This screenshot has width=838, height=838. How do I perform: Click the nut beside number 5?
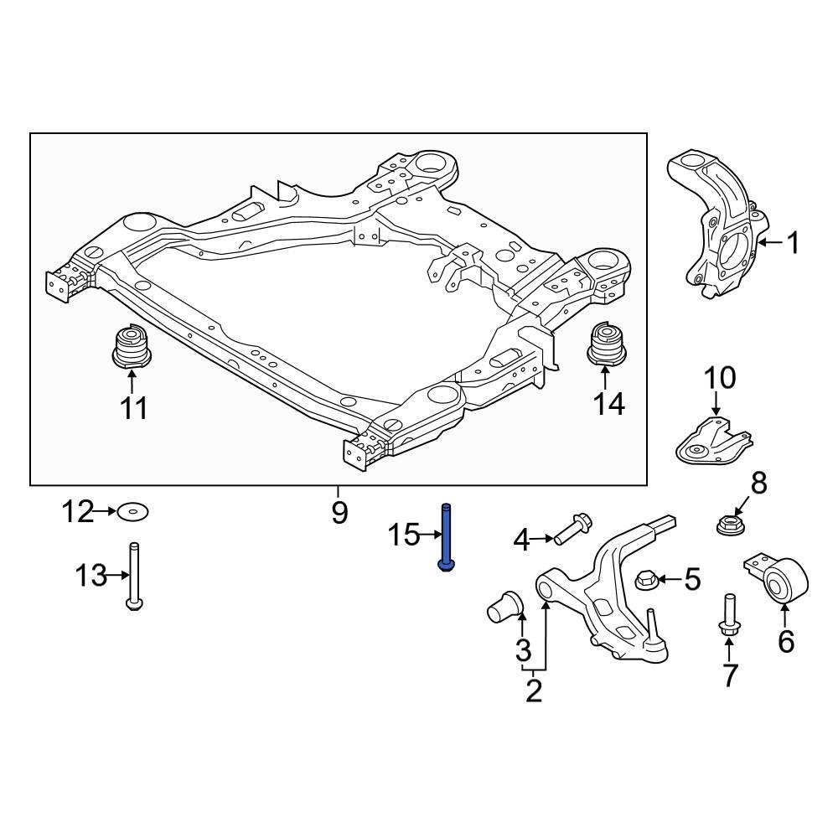[646, 577]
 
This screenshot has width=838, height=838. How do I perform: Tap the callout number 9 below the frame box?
[339, 511]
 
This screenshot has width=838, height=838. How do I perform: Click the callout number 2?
[534, 691]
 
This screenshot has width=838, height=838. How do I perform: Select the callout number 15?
[403, 534]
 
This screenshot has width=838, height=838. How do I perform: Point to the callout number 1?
[791, 244]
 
